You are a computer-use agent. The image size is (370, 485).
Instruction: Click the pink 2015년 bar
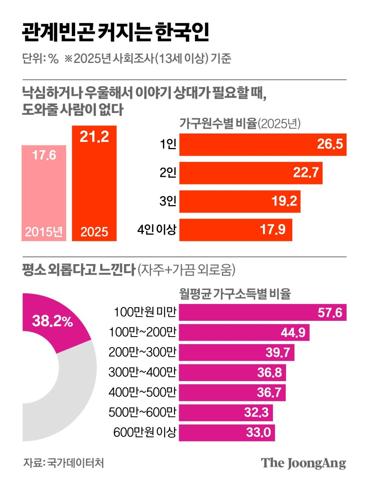(44, 193)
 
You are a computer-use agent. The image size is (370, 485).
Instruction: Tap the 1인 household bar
(263, 144)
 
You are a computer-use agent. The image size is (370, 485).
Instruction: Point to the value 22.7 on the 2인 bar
(306, 172)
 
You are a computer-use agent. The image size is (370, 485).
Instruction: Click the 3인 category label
(168, 201)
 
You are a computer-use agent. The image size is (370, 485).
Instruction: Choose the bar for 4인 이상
(236, 230)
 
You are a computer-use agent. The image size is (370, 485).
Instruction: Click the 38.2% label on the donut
(52, 321)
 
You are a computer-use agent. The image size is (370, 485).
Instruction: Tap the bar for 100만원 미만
(263, 313)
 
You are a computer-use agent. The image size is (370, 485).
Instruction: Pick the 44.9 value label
(293, 333)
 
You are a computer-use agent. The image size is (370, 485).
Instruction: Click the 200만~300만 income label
(142, 352)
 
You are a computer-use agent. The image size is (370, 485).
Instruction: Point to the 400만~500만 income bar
(232, 393)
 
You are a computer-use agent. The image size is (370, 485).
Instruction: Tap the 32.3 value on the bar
(256, 412)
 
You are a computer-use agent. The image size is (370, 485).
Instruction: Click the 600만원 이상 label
(145, 432)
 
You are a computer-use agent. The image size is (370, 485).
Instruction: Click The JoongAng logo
(303, 463)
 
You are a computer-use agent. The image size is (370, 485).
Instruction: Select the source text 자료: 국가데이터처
(63, 463)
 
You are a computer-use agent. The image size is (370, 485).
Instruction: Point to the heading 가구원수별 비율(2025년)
(240, 124)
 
